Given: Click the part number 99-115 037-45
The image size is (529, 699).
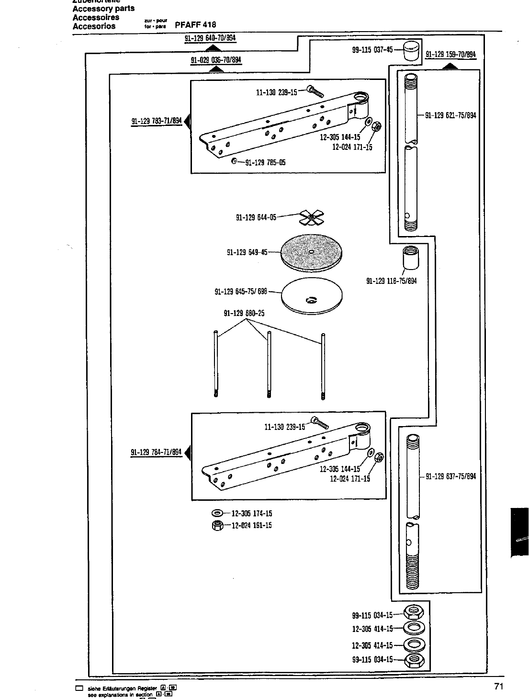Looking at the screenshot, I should (x=372, y=50).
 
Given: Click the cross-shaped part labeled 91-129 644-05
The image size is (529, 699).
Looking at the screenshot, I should (x=311, y=219).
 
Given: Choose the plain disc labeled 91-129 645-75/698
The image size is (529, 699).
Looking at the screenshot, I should (x=312, y=295).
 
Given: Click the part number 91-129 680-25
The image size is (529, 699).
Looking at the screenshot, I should (x=244, y=314).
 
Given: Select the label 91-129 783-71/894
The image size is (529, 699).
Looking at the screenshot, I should (x=157, y=121).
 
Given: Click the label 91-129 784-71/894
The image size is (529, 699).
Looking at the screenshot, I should (x=157, y=452).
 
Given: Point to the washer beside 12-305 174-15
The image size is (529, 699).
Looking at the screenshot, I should (x=216, y=514).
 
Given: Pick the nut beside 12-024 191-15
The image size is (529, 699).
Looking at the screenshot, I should (x=216, y=526).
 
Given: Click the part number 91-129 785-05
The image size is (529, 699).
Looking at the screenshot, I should (x=265, y=162).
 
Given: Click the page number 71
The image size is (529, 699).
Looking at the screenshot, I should (x=498, y=687).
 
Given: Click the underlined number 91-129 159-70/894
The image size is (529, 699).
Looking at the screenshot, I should (x=450, y=55).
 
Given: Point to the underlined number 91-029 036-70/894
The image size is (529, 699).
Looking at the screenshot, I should (x=216, y=60).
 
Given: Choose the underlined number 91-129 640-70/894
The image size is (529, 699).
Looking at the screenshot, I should (x=211, y=38).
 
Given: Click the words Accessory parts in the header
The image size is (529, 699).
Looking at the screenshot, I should (x=103, y=8).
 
